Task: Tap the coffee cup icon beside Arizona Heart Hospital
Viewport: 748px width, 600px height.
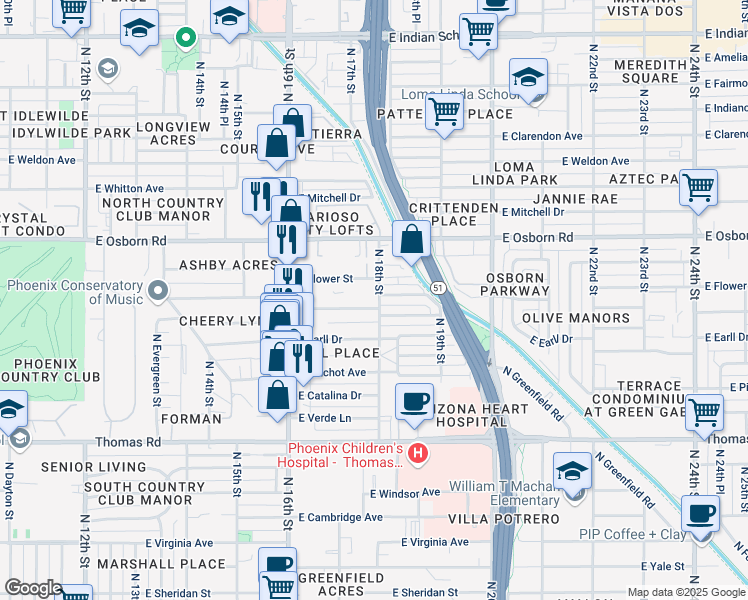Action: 414,400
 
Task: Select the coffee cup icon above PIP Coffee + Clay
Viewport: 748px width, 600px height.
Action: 700,513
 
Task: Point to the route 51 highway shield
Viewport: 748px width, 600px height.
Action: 438,288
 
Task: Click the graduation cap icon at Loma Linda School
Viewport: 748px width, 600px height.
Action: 528,76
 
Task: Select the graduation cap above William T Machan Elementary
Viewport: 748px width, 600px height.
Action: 573,470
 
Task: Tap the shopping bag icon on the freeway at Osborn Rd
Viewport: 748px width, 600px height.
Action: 411,239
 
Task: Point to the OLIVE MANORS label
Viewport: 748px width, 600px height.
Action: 576,318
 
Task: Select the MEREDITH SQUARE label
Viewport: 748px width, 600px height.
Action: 662,71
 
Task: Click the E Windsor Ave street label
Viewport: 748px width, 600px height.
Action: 404,493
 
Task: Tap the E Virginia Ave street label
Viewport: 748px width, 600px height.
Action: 435,542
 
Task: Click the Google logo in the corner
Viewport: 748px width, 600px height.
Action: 32,589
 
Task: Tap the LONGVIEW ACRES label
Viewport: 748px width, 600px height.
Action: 173,134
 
